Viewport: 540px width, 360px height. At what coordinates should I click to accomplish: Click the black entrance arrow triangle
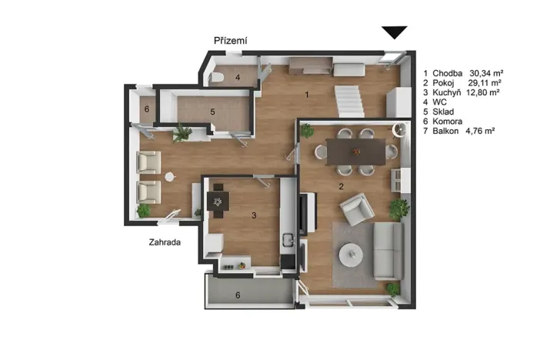pyautogui.click(x=395, y=32)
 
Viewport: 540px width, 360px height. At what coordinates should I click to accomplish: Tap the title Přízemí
pyautogui.click(x=231, y=41)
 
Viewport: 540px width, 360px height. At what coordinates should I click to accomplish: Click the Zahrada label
pyautogui.click(x=165, y=242)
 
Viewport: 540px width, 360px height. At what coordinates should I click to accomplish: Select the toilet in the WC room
pyautogui.click(x=216, y=78)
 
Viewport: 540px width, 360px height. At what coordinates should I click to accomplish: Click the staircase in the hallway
pyautogui.click(x=349, y=102)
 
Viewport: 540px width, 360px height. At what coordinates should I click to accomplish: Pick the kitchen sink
pyautogui.click(x=288, y=238)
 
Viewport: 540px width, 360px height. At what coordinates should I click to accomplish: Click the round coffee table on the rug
pyautogui.click(x=351, y=255)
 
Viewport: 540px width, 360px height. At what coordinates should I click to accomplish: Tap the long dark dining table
pyautogui.click(x=355, y=152)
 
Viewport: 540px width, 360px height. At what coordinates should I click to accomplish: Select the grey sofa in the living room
pyautogui.click(x=388, y=251)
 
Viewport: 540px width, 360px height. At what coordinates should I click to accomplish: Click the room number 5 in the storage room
pyautogui.click(x=212, y=112)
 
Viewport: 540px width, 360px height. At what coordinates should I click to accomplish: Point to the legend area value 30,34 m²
pyautogui.click(x=486, y=73)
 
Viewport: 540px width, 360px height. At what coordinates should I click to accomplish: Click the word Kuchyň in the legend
pyautogui.click(x=447, y=92)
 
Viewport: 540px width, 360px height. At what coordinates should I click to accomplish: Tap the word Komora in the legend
pyautogui.click(x=448, y=122)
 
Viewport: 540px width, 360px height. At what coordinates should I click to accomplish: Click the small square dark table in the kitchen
pyautogui.click(x=218, y=202)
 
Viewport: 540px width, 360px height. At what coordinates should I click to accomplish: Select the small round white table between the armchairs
pyautogui.click(x=170, y=177)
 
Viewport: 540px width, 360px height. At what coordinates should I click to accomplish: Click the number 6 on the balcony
pyautogui.click(x=238, y=295)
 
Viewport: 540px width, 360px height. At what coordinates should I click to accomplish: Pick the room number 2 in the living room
pyautogui.click(x=341, y=186)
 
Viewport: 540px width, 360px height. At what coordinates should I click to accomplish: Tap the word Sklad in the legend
pyautogui.click(x=443, y=112)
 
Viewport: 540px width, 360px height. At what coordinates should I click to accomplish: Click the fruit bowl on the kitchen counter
pyautogui.click(x=242, y=265)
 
